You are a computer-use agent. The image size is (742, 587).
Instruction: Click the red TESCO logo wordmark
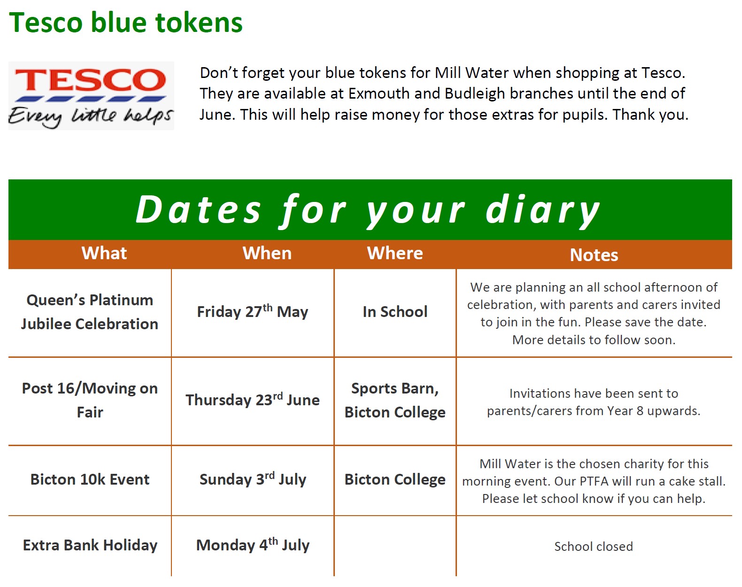click(x=91, y=80)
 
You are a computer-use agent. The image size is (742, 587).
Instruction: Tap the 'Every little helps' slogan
click(x=91, y=116)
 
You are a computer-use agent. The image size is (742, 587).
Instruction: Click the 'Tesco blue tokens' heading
click(x=126, y=23)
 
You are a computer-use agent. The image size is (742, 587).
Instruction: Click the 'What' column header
click(x=104, y=253)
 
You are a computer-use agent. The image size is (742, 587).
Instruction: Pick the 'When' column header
click(x=267, y=253)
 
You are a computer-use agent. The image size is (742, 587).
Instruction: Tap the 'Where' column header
click(x=395, y=253)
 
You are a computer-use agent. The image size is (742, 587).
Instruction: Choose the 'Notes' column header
click(x=594, y=255)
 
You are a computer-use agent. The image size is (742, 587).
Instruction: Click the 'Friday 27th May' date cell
click(x=253, y=311)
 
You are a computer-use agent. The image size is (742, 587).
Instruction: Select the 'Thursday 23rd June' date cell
click(x=253, y=399)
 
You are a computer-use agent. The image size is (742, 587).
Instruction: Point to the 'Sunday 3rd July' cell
click(x=253, y=479)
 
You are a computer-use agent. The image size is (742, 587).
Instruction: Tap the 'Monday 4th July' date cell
click(x=253, y=545)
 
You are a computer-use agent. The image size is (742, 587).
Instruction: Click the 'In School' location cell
click(x=395, y=312)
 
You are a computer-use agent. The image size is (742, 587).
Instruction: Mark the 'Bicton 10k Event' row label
click(x=90, y=479)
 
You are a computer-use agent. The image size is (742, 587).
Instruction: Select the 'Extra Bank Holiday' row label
click(x=90, y=545)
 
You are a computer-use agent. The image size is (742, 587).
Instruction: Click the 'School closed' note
click(x=594, y=546)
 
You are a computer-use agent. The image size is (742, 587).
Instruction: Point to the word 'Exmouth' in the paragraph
click(x=379, y=93)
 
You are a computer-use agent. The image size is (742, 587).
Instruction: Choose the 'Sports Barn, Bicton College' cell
click(x=395, y=401)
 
